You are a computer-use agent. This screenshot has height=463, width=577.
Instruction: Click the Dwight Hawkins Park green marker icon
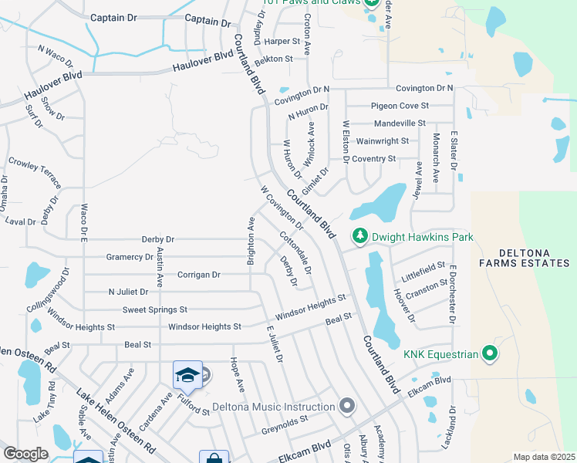click(359, 237)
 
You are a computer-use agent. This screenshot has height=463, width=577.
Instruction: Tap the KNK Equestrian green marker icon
click(489, 354)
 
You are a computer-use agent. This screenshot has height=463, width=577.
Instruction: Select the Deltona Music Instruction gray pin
click(347, 406)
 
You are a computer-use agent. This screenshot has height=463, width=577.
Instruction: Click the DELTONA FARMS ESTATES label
click(524, 258)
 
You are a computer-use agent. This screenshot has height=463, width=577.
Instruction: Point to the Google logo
click(25, 454)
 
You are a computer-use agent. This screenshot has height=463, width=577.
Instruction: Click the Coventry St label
click(374, 159)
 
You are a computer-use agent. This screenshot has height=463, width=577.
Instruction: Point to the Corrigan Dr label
click(199, 275)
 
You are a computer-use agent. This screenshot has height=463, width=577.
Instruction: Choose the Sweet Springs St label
click(155, 309)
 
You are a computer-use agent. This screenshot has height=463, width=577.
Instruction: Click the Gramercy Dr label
click(130, 257)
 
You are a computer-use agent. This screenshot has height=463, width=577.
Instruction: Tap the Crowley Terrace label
click(35, 173)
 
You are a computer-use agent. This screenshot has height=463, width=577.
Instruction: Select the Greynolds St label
click(285, 421)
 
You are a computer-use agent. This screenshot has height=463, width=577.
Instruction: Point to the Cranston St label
click(427, 290)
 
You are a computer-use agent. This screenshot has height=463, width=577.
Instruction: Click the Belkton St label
click(274, 59)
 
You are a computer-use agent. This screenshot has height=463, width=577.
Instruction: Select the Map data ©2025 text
click(544, 457)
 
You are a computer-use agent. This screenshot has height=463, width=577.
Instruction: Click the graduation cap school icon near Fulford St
click(187, 375)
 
